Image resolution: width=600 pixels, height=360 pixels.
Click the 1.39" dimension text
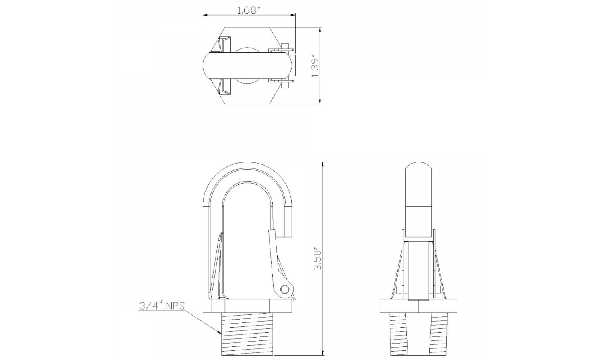(x=315, y=66)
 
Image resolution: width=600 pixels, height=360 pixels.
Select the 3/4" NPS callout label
(x=162, y=306)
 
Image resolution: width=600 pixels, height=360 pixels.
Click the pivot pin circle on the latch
(x=285, y=289)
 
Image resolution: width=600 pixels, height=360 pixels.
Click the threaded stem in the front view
(x=247, y=334)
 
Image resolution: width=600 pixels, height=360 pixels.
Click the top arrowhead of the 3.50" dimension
(x=323, y=164)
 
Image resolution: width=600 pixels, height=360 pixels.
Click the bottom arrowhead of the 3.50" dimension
(x=323, y=353)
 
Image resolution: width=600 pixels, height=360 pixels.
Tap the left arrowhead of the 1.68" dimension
(x=205, y=15)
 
